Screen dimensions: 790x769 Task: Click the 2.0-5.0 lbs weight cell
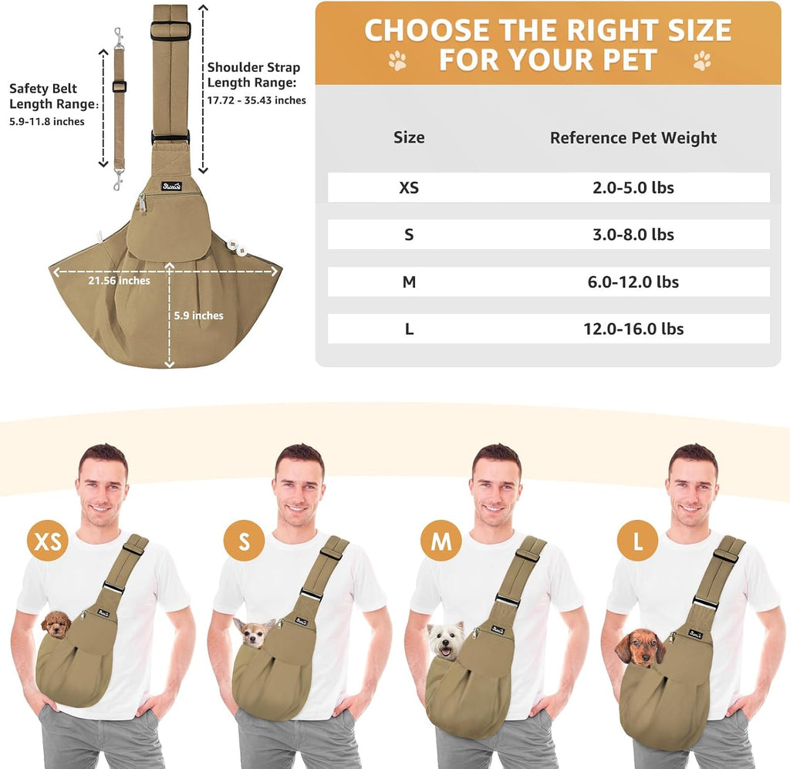click(633, 188)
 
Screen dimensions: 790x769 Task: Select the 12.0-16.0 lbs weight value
click(633, 329)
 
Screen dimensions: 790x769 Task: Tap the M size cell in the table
click(409, 282)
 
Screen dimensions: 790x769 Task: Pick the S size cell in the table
click(409, 234)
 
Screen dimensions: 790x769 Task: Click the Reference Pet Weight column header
click(633, 137)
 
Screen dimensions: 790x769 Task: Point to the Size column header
click(409, 137)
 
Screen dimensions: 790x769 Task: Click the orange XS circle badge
click(48, 541)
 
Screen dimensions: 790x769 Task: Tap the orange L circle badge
click(637, 541)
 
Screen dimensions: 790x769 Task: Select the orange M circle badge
click(441, 541)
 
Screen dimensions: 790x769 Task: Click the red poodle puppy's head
click(56, 625)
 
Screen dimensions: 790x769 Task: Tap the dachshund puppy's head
click(640, 648)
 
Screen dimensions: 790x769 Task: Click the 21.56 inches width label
click(120, 281)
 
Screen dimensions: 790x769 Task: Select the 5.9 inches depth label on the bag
click(198, 315)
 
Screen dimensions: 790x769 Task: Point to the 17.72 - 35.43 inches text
click(256, 100)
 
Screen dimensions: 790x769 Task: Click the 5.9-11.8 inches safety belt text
click(47, 121)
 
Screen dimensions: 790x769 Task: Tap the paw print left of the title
click(397, 60)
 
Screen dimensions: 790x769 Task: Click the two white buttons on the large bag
click(237, 247)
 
